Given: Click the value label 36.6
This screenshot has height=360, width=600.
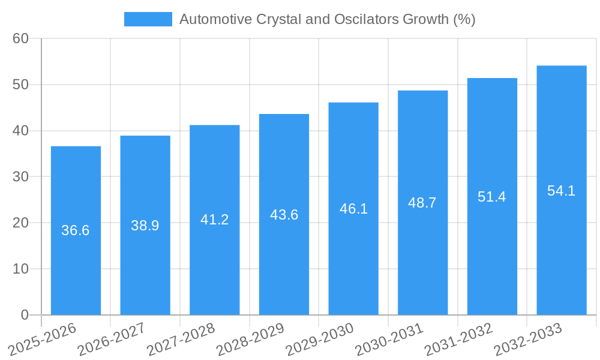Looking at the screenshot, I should [76, 230].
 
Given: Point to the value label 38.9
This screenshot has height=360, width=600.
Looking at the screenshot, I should [145, 226].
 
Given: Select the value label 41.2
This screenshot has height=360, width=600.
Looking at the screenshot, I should [214, 220].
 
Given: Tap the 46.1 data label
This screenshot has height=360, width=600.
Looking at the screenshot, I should [353, 209].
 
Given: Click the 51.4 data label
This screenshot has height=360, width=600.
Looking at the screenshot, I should [492, 196].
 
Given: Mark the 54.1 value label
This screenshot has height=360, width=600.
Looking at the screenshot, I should [562, 191].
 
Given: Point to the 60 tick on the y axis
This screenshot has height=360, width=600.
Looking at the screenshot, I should [20, 38].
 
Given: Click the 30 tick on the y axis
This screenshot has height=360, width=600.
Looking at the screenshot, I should [20, 176].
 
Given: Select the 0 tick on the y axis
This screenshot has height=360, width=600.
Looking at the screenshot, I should [25, 315].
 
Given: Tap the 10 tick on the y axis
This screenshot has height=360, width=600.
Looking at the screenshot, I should [20, 269].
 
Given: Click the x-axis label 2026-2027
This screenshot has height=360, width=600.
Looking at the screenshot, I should [112, 339].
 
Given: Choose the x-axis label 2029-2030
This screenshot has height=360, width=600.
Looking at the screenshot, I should [320, 339].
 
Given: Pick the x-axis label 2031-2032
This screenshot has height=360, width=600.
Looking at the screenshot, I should [459, 339].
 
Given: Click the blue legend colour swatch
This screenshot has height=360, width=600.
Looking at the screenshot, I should [148, 19].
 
